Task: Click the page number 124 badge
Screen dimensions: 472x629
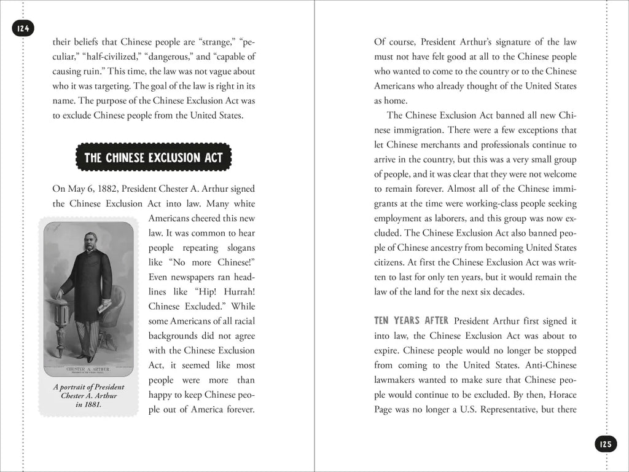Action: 23,28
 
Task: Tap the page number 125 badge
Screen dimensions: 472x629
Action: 605,443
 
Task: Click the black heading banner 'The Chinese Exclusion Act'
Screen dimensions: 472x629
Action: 153,158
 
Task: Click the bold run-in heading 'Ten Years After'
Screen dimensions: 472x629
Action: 412,321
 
